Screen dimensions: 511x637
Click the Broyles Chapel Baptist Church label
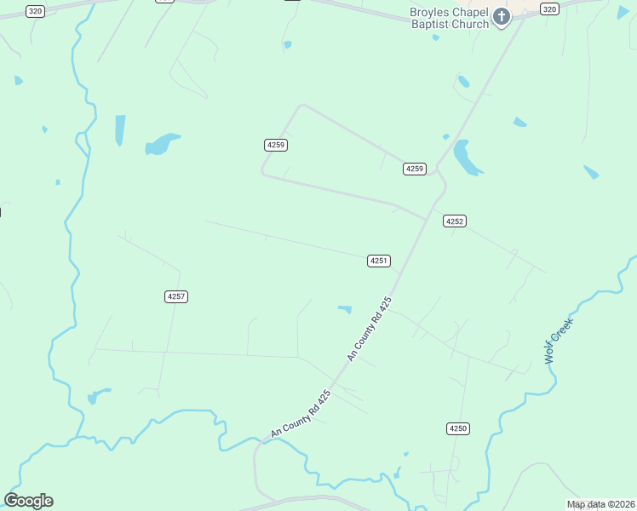[x=450, y=19]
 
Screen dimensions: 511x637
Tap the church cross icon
[x=502, y=17]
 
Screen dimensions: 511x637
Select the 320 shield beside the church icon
[x=549, y=9]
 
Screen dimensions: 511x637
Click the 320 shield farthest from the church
[x=35, y=10]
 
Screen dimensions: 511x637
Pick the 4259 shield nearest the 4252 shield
[x=414, y=169]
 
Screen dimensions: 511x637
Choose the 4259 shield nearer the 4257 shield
[x=276, y=145]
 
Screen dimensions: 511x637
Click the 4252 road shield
[x=455, y=221]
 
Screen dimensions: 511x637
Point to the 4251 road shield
[x=379, y=261]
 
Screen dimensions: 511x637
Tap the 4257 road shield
[x=176, y=296]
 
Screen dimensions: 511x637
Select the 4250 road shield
[x=458, y=428]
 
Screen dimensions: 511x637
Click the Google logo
[x=28, y=501]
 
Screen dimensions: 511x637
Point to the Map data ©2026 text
[x=600, y=505]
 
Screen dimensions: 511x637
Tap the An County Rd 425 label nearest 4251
[x=369, y=329]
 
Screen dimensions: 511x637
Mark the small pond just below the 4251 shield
[x=345, y=308]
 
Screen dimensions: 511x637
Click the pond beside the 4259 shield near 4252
[x=465, y=157]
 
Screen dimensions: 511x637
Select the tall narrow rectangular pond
[x=120, y=129]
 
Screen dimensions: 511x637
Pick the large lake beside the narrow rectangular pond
[x=160, y=143]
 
